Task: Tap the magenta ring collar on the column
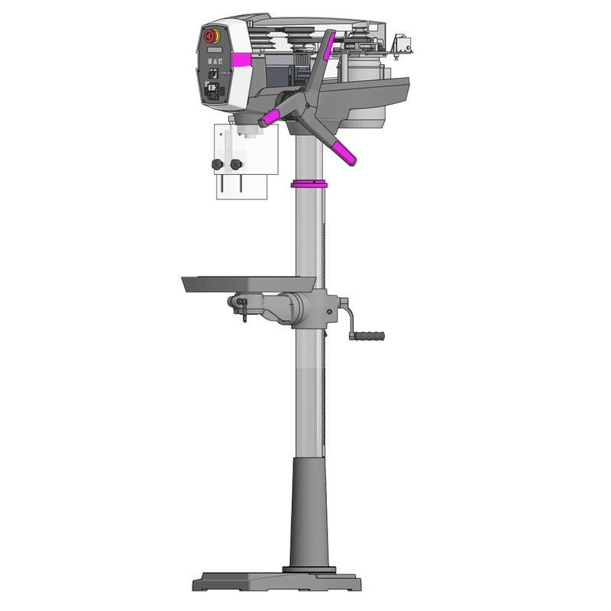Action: pyautogui.click(x=308, y=183)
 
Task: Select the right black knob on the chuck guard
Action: pyautogui.click(x=234, y=164)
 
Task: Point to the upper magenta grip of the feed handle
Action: pyautogui.click(x=327, y=47)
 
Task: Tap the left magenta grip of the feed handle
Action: pyautogui.click(x=270, y=118)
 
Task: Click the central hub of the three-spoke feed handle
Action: pyautogui.click(x=304, y=99)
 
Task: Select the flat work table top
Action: pyautogui.click(x=248, y=283)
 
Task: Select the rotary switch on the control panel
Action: pyautogui.click(x=213, y=90)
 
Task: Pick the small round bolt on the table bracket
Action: pyautogui.click(x=329, y=311)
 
